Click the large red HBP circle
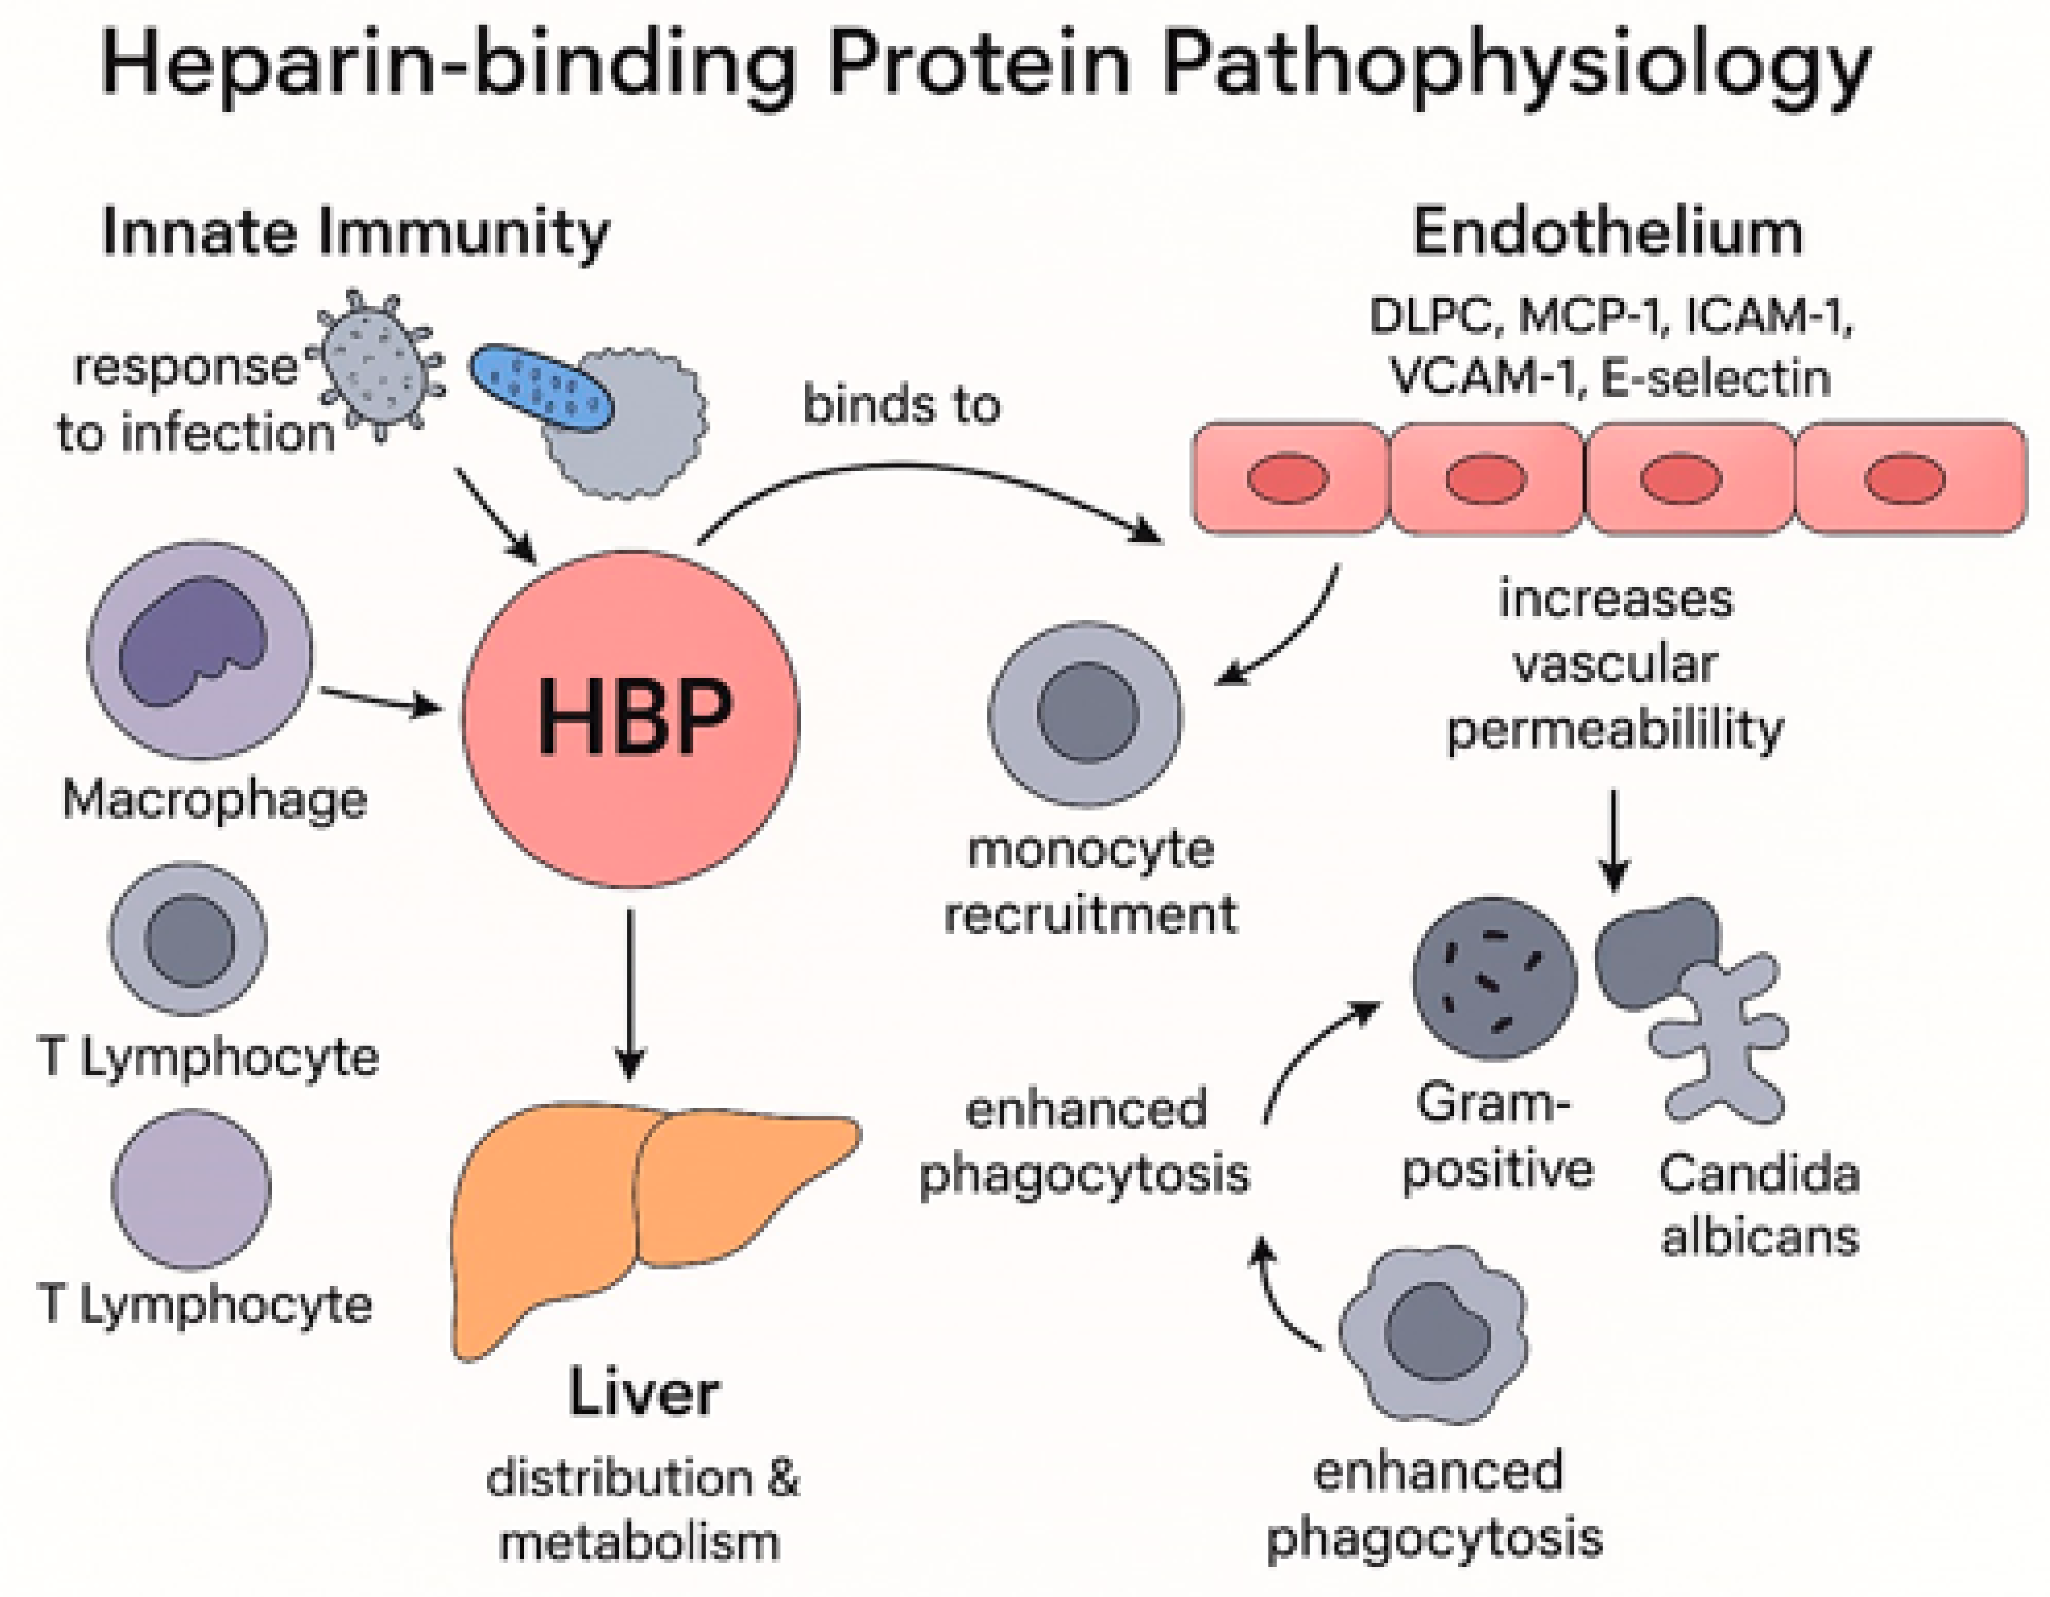[x=631, y=718]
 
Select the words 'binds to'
[x=901, y=405]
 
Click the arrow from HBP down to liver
[x=631, y=995]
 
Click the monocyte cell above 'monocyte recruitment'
[x=1086, y=714]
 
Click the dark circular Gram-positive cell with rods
[x=1494, y=978]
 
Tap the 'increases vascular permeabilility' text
[x=1614, y=664]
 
